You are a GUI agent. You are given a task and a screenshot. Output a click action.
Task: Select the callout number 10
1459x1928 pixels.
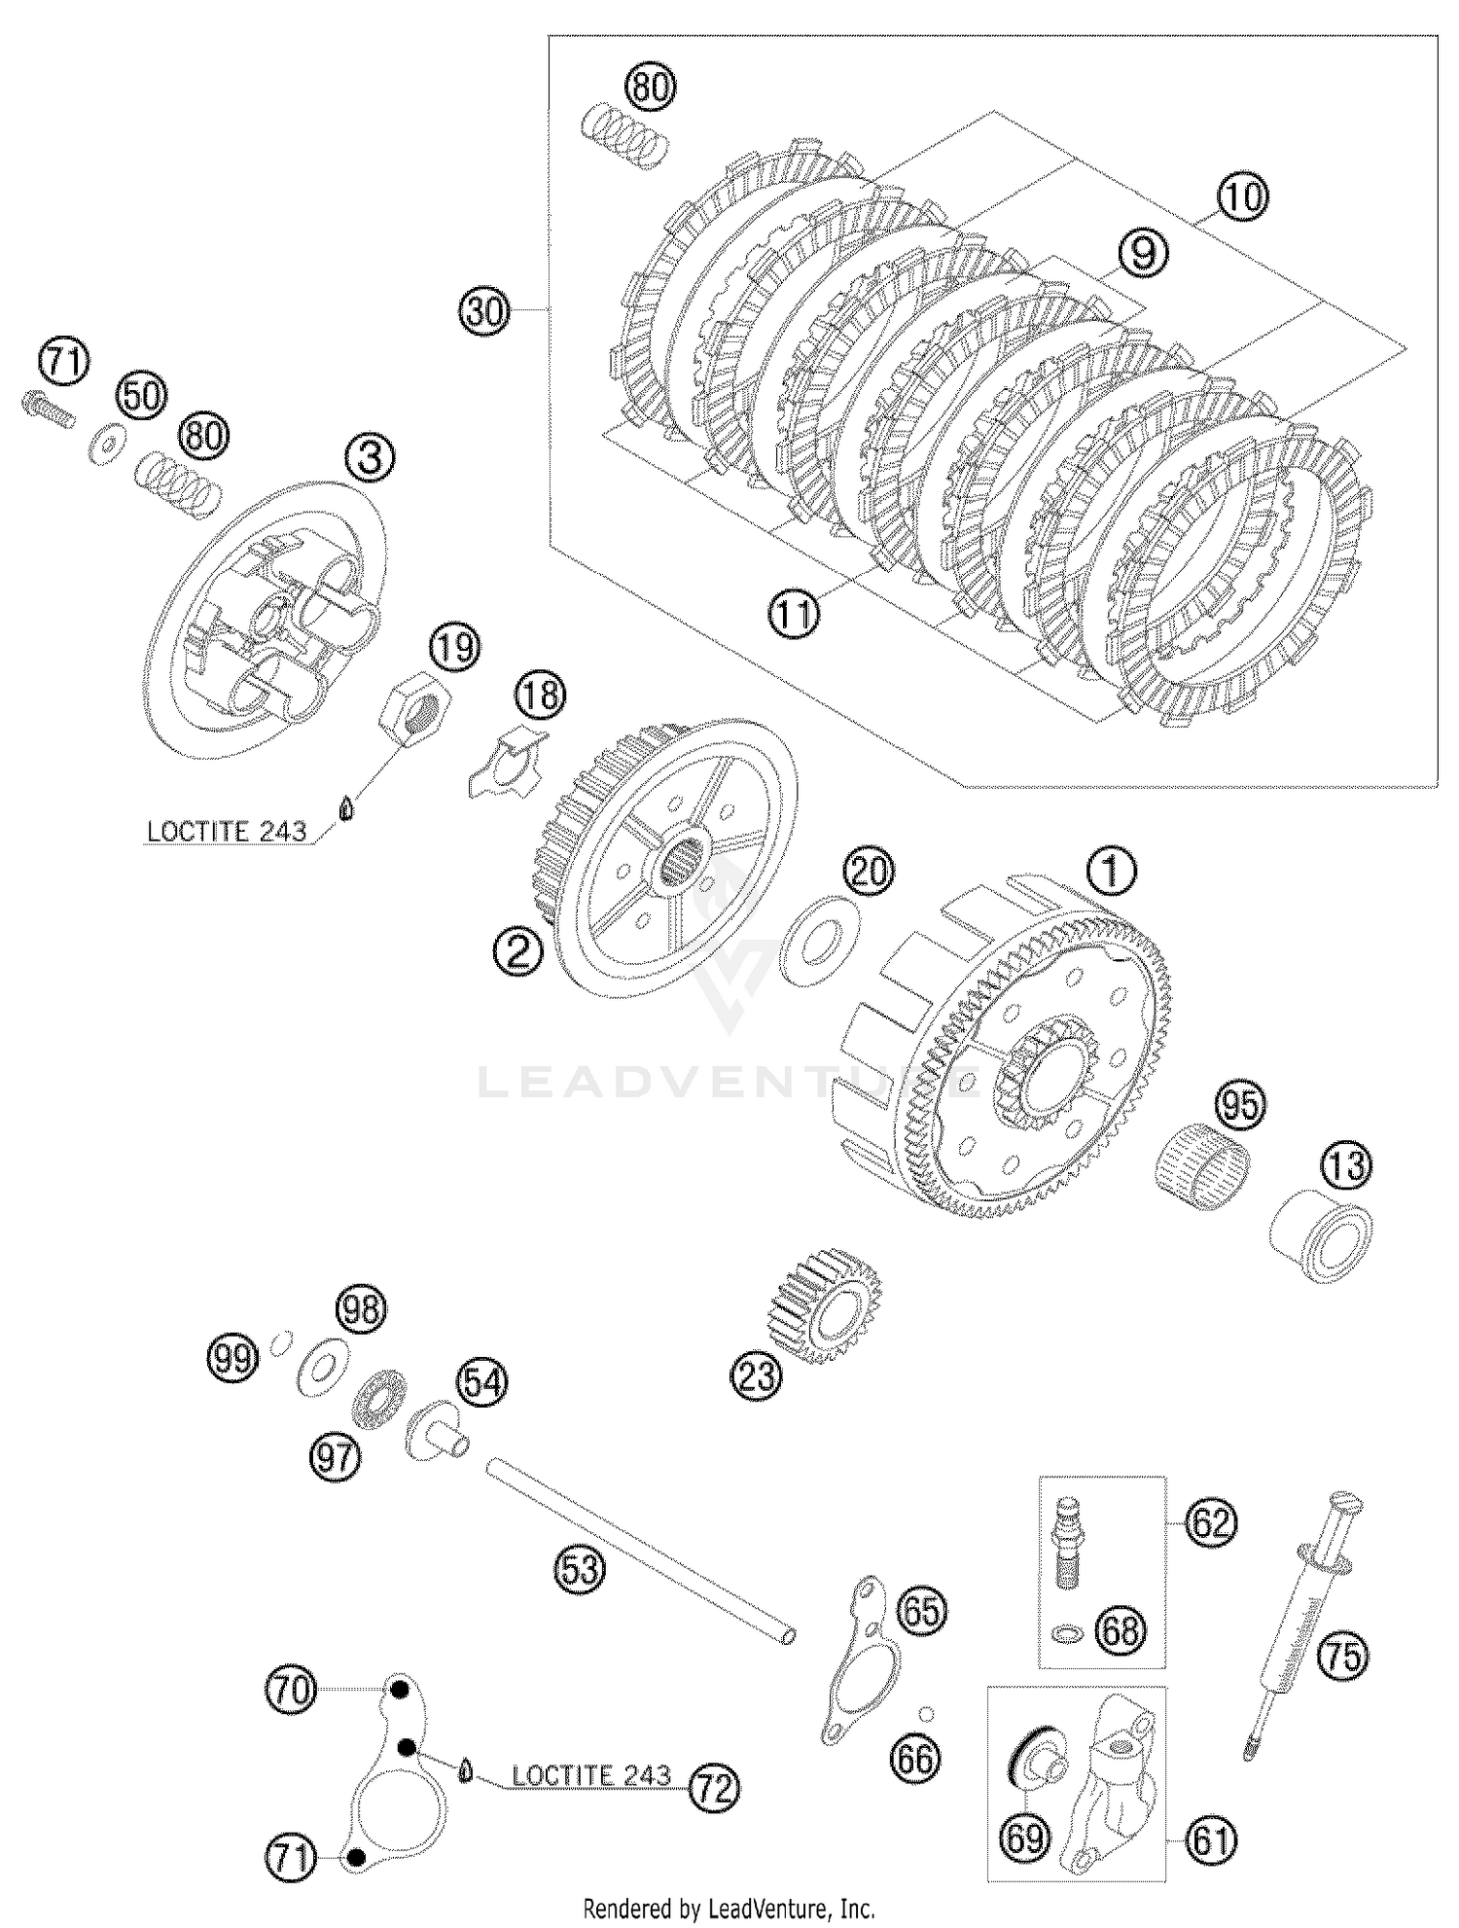[x=1242, y=198]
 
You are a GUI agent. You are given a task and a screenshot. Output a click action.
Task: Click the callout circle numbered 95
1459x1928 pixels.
[x=1240, y=1105]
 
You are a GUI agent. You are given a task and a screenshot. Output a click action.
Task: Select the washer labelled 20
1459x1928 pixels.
[x=822, y=941]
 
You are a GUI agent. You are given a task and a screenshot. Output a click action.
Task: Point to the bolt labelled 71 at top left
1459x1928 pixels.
[x=46, y=407]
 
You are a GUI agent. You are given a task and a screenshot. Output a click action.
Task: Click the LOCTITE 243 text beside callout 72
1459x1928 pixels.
[x=590, y=1775]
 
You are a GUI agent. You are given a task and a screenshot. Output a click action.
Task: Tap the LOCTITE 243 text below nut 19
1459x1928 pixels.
[x=227, y=833]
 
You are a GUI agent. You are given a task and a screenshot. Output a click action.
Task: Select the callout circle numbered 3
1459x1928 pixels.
[x=370, y=456]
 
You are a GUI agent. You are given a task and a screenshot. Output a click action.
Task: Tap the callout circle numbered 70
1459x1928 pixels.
[x=291, y=1690]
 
